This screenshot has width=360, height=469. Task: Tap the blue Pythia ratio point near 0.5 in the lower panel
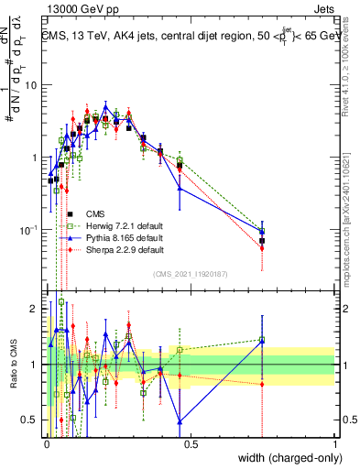pos(180,421)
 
